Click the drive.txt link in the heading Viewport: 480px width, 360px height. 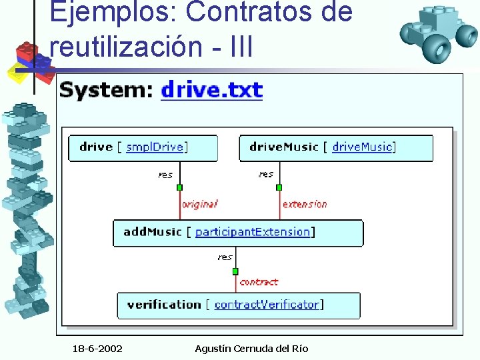pos(212,90)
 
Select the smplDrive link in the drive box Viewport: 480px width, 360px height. pos(155,147)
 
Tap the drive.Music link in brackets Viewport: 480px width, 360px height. pos(362,147)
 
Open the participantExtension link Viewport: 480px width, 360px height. pos(253,232)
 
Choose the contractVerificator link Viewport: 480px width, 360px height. pos(267,305)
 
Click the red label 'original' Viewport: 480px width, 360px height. pos(199,204)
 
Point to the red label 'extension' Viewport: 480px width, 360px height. pos(305,204)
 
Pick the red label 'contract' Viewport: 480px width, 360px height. pos(259,282)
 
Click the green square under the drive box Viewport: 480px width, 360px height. pos(179,187)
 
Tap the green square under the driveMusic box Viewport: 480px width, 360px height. pos(279,187)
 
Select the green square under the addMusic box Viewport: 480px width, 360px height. pos(235,271)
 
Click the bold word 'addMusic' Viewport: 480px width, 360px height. pos(153,232)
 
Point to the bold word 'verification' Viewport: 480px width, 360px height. pos(164,305)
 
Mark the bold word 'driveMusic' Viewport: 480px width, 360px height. pos(283,147)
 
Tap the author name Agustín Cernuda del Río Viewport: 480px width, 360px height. pos(251,349)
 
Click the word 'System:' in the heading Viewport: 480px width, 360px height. pos(107,90)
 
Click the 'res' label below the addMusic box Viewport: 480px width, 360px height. pos(225,257)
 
